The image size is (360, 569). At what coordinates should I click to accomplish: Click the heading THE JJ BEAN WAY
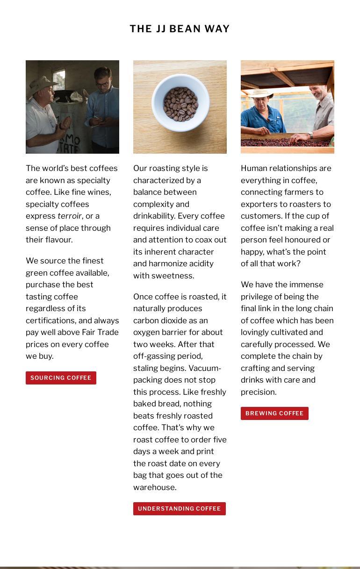(180, 29)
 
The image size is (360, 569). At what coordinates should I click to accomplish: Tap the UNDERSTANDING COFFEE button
(179, 509)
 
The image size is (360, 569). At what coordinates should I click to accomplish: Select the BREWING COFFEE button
(274, 413)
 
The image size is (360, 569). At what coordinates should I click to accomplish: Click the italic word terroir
(69, 216)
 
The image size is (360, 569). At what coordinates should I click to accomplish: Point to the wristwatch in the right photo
(310, 136)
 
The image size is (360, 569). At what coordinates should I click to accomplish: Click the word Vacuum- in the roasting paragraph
(205, 368)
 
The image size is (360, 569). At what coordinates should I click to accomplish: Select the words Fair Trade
(100, 332)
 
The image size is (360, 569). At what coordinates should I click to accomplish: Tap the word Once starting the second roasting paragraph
(143, 297)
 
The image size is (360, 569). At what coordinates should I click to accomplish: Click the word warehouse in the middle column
(153, 487)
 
